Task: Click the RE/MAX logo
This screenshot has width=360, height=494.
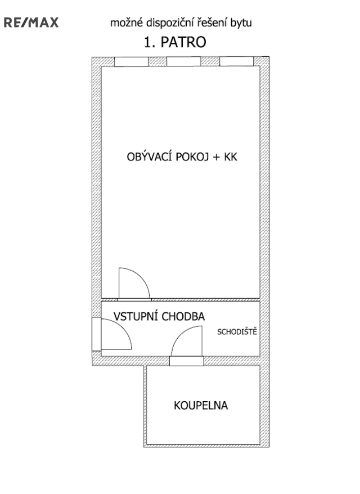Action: click(x=31, y=23)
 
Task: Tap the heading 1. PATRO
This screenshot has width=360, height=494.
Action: click(x=175, y=42)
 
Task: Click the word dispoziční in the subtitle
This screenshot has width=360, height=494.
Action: click(x=168, y=23)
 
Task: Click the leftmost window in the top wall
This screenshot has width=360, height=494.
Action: click(x=131, y=61)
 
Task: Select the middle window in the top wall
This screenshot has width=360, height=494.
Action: click(x=183, y=61)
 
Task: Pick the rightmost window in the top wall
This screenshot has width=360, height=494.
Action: click(x=237, y=61)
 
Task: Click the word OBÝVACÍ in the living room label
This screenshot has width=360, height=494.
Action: click(x=149, y=156)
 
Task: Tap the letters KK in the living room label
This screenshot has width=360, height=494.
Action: click(x=231, y=157)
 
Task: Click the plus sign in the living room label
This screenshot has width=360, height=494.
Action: click(x=217, y=157)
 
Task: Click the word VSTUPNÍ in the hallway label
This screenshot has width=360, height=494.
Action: click(x=136, y=316)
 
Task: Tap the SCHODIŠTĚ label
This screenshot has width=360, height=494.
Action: click(x=237, y=331)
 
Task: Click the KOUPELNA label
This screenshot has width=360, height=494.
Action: click(x=201, y=406)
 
